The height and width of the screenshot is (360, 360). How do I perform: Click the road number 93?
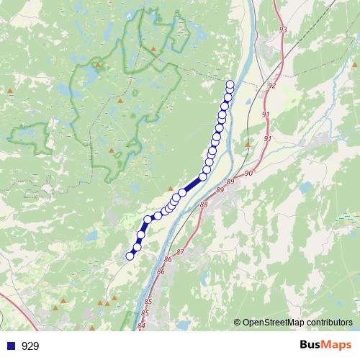click(x=282, y=30)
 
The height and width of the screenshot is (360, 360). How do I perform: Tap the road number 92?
click(x=271, y=85)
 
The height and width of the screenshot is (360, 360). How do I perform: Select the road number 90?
click(x=248, y=174)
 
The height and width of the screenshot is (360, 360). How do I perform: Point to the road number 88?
click(x=204, y=205)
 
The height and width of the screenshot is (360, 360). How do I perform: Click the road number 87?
click(x=180, y=251)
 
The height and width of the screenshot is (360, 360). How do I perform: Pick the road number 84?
click(x=141, y=326)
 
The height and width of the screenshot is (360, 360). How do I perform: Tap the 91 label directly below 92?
click(x=266, y=115)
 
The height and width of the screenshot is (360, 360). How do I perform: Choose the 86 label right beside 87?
click(x=168, y=259)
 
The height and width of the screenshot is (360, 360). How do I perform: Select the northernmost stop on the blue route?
click(x=230, y=84)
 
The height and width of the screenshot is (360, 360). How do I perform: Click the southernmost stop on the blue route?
click(x=130, y=256)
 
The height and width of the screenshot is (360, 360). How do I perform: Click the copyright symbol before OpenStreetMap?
click(x=238, y=323)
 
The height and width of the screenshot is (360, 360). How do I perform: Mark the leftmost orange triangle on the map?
click(x=10, y=90)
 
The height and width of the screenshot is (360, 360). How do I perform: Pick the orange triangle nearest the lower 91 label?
click(x=248, y=145)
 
